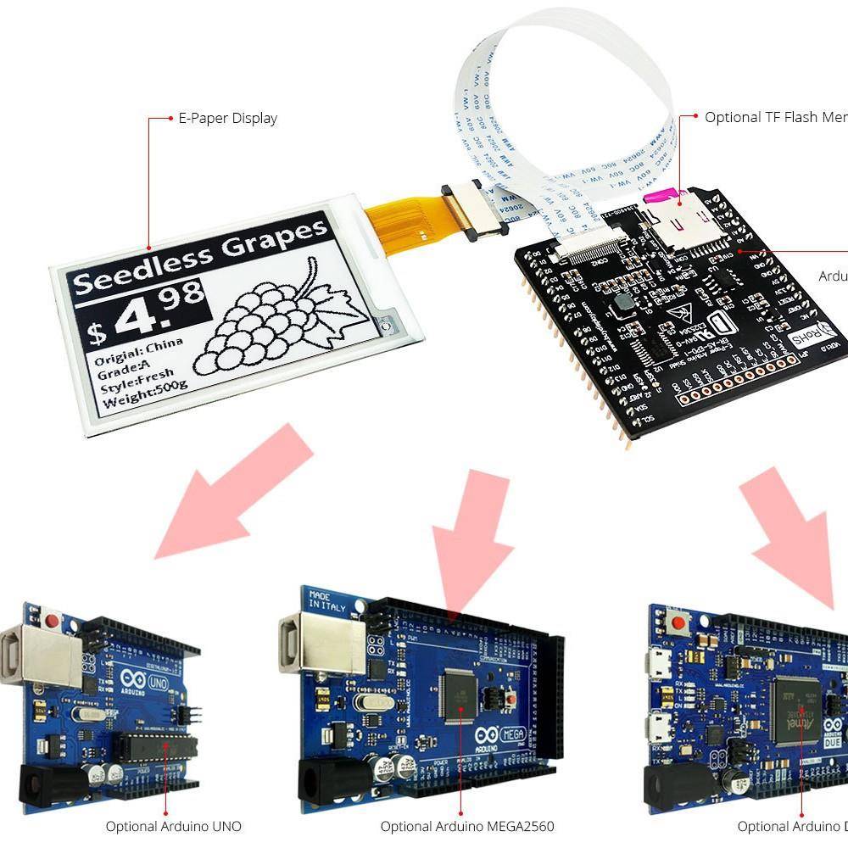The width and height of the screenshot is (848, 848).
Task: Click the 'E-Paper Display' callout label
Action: [x=227, y=119]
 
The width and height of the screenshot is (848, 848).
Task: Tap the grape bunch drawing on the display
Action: [x=271, y=320]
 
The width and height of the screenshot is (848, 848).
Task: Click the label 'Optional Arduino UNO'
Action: [x=173, y=826]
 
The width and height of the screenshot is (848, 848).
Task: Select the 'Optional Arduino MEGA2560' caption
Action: [x=467, y=826]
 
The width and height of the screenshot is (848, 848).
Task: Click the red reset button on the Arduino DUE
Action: [x=678, y=627]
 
